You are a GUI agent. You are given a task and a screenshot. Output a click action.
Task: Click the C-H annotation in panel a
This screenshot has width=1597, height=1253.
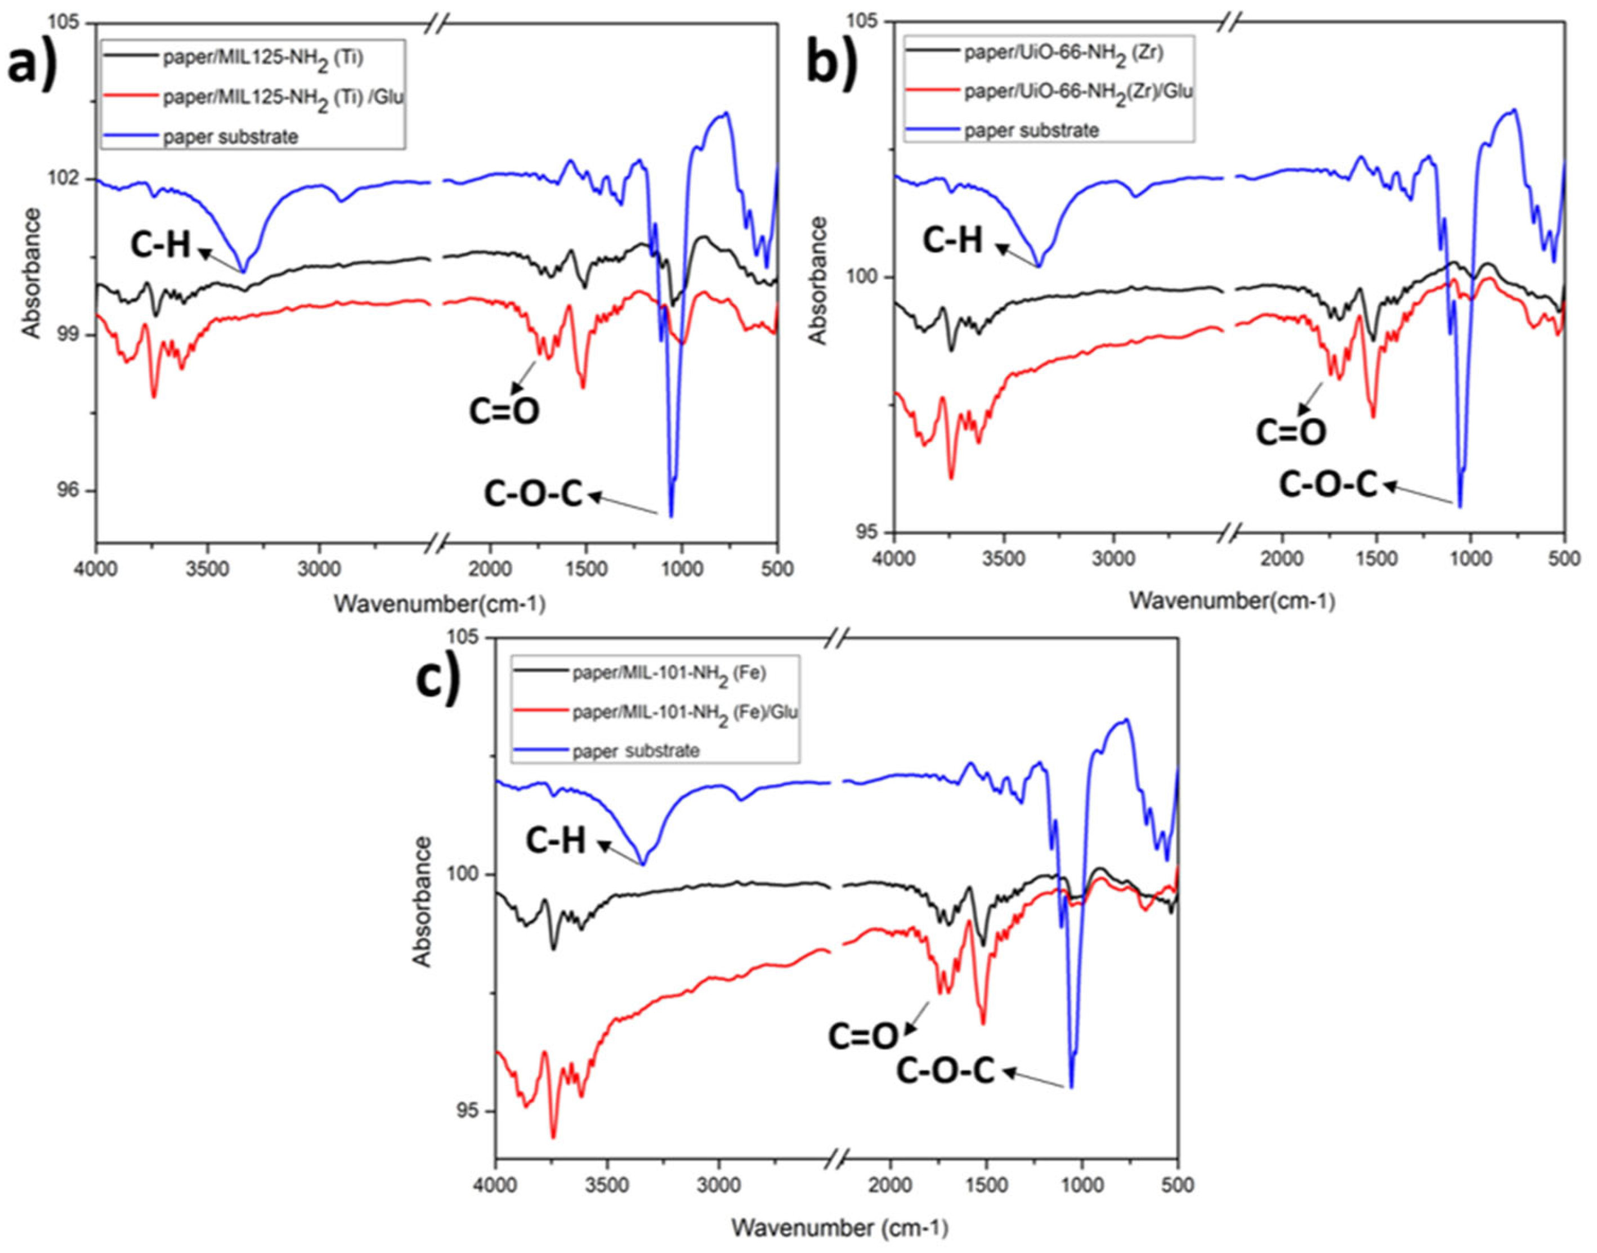(x=160, y=244)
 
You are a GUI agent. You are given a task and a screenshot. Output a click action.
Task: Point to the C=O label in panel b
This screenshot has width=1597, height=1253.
(x=1290, y=432)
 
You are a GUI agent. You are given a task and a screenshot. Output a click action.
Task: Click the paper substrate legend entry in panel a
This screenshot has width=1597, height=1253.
(x=230, y=136)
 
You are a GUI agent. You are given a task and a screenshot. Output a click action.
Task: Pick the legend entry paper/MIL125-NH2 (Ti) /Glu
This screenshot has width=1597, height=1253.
(x=283, y=97)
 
